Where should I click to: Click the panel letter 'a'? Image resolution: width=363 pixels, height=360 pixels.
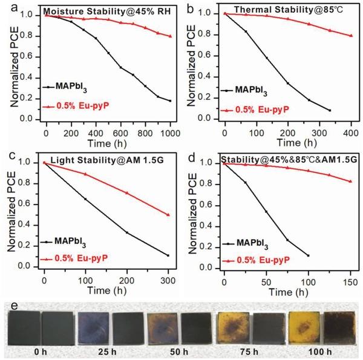(7, 7)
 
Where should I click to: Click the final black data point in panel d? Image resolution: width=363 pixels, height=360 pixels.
(308, 255)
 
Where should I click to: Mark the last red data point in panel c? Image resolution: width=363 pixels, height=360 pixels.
(168, 215)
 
